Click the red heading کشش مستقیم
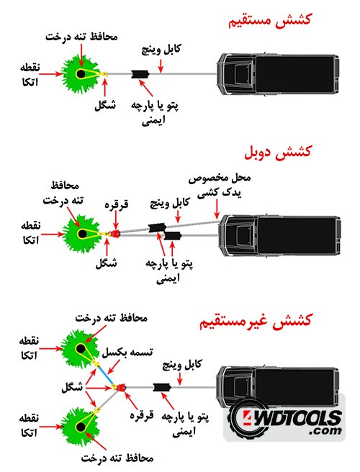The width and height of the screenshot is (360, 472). pyautogui.click(x=269, y=20)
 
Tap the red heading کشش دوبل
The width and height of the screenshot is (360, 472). pyautogui.click(x=277, y=152)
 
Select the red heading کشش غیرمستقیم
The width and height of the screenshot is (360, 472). pyautogui.click(x=255, y=321)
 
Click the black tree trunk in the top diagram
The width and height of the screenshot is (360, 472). pyautogui.click(x=81, y=73)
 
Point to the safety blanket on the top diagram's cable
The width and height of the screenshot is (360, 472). pyautogui.click(x=140, y=74)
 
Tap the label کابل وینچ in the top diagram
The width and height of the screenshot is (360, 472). pyautogui.click(x=161, y=50)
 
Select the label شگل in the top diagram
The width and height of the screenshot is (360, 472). pyautogui.click(x=105, y=105)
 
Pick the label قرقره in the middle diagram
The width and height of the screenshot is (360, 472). pyautogui.click(x=117, y=204)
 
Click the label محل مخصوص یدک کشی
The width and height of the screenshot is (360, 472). pyautogui.click(x=220, y=186)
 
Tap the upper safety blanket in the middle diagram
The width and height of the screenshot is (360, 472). pyautogui.click(x=157, y=227)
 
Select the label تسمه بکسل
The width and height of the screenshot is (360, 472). pyautogui.click(x=127, y=353)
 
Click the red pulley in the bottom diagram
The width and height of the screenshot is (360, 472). pyautogui.click(x=121, y=387)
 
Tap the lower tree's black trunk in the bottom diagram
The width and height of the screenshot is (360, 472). pyautogui.click(x=81, y=427)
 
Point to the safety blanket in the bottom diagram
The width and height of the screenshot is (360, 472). pyautogui.click(x=162, y=387)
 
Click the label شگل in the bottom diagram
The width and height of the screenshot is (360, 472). pyautogui.click(x=72, y=387)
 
